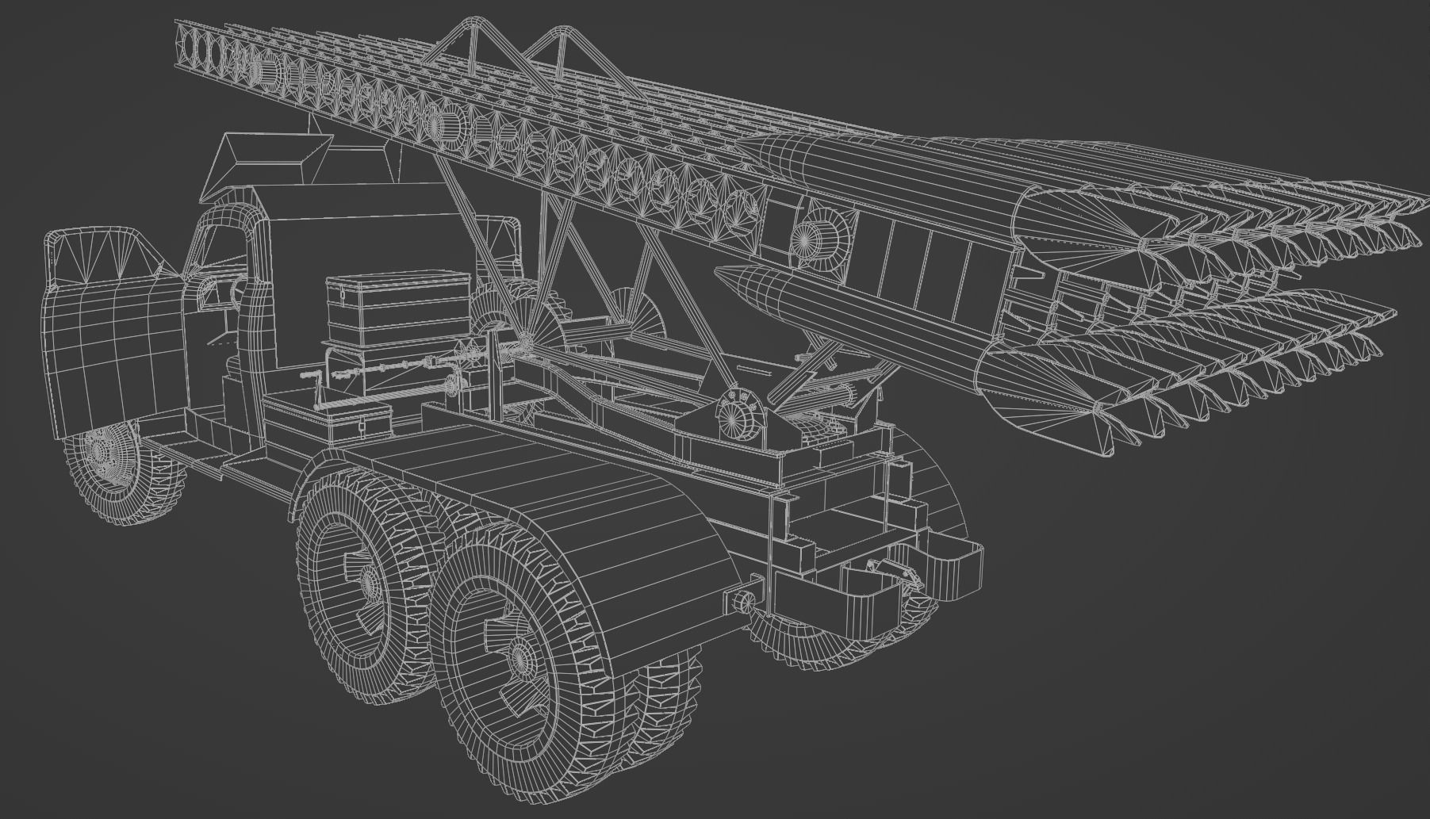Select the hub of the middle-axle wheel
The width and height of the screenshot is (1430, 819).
click(x=370, y=583)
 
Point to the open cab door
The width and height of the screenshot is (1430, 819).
click(x=103, y=317)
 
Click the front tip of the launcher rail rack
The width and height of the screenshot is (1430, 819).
click(x=186, y=40)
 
